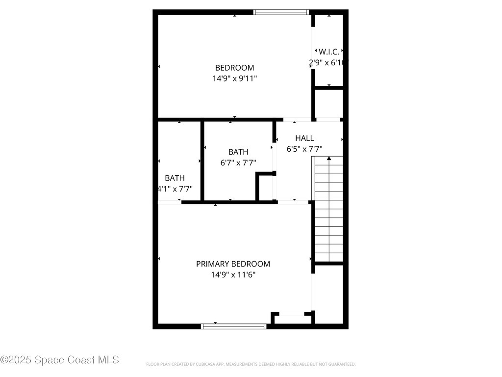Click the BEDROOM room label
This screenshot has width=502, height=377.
pyautogui.click(x=234, y=68)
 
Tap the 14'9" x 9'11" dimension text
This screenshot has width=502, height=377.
pyautogui.click(x=234, y=78)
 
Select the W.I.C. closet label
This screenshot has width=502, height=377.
pyautogui.click(x=328, y=52)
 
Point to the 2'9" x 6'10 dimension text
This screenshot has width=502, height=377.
pyautogui.click(x=328, y=62)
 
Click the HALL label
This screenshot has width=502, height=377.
pyautogui.click(x=304, y=138)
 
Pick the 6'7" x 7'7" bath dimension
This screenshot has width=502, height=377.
pyautogui.click(x=238, y=162)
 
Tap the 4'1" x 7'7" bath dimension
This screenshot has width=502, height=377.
pyautogui.click(x=175, y=188)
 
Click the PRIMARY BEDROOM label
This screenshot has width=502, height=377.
pyautogui.click(x=233, y=264)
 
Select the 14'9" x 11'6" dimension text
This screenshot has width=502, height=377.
pyautogui.click(x=233, y=275)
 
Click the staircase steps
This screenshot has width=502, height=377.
pyautogui.click(x=328, y=211)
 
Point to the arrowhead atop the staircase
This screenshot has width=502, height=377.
pyautogui.click(x=328, y=158)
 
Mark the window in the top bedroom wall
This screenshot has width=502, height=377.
pyautogui.click(x=281, y=12)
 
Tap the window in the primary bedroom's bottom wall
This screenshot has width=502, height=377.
pyautogui.click(x=234, y=326)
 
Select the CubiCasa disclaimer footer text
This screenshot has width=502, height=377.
pyautogui.click(x=251, y=364)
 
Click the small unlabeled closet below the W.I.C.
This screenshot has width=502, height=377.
pyautogui.click(x=328, y=104)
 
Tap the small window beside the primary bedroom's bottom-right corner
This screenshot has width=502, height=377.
pyautogui.click(x=293, y=314)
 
